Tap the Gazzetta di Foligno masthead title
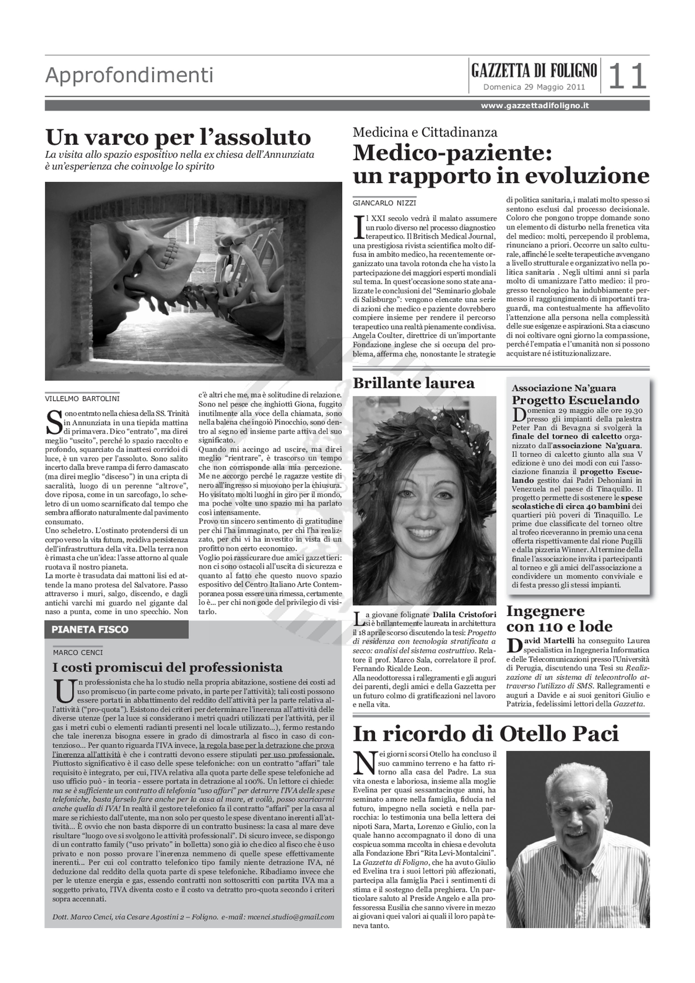pyautogui.click(x=534, y=71)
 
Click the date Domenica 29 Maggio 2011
pyautogui.click(x=534, y=87)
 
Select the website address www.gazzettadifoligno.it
pyautogui.click(x=535, y=106)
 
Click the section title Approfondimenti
pyautogui.click(x=129, y=75)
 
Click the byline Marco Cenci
pyautogui.click(x=78, y=652)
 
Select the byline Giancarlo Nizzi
pyautogui.click(x=384, y=203)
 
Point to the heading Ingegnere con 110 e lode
pyautogui.click(x=559, y=619)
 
